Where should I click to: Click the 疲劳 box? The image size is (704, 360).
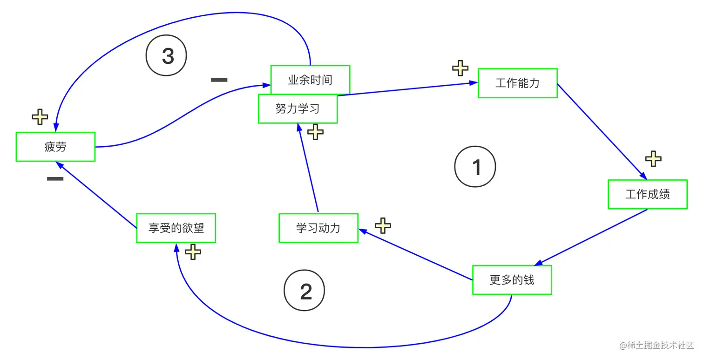point(55,147)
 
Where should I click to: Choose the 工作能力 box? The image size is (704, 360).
point(517,83)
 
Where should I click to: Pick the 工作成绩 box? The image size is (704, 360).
point(647,194)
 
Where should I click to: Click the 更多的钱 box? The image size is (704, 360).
point(512,280)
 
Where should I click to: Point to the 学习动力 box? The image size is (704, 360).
point(318,228)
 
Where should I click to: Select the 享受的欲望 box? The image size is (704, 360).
point(176,228)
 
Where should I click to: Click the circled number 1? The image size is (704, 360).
point(475,167)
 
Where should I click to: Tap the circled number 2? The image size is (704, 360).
point(305,292)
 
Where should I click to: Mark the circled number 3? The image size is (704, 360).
point(167,56)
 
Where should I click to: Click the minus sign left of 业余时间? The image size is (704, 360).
point(219,80)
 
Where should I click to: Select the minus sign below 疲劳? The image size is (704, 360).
point(55,179)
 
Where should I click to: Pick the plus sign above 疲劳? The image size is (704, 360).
point(40,117)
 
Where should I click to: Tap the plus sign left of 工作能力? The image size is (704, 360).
point(460,68)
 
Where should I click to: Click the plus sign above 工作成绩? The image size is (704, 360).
point(653,159)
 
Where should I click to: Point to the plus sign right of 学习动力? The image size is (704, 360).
point(383,225)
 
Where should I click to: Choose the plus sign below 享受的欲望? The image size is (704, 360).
point(193,252)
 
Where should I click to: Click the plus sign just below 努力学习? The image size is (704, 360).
point(316,132)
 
